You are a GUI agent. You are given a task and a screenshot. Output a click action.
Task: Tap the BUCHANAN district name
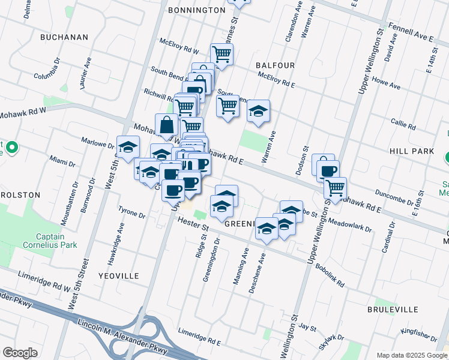64,37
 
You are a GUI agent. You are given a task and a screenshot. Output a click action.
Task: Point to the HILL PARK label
411,151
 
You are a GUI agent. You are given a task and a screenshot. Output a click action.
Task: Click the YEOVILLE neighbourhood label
119,275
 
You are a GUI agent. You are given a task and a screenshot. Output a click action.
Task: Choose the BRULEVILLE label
393,309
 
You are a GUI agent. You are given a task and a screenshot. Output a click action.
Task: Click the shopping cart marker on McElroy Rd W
221,55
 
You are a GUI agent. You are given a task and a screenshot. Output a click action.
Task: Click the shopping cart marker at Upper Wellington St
335,188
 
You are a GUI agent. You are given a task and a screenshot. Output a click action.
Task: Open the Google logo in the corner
20,352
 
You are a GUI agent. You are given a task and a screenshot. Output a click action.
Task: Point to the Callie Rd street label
403,126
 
